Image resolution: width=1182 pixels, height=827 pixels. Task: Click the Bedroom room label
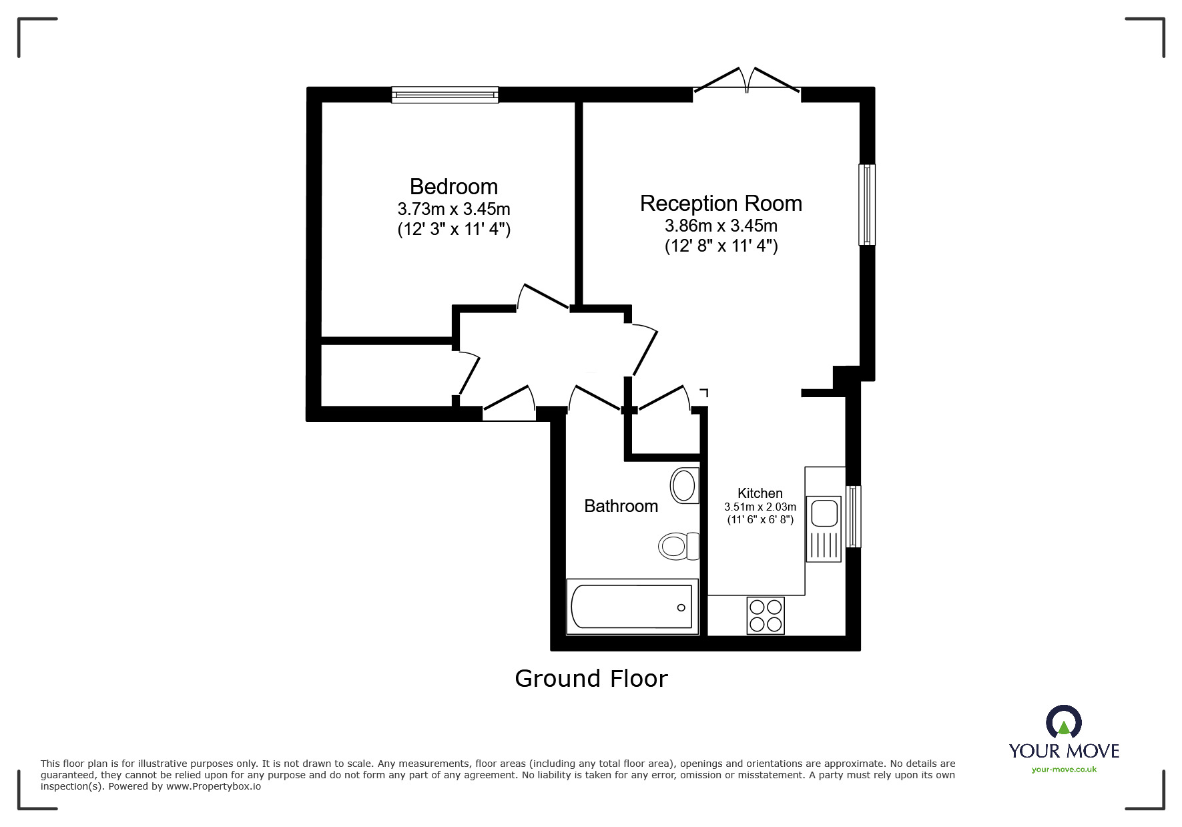(453, 186)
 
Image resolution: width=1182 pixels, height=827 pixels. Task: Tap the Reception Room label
(721, 204)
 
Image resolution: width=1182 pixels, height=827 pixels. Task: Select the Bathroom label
(621, 506)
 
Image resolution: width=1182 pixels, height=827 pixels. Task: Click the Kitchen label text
(760, 493)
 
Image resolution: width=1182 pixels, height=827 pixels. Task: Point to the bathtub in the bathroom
(631, 607)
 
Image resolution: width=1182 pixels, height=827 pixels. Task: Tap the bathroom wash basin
(684, 485)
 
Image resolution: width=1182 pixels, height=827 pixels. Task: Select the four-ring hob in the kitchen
(766, 615)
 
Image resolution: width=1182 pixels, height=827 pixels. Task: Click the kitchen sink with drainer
(824, 529)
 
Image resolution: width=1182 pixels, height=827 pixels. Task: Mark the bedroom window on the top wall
(445, 95)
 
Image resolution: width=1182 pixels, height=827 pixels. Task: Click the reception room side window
(866, 204)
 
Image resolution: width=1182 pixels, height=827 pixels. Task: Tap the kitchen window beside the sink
(853, 517)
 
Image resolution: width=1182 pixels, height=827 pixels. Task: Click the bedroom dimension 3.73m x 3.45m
(453, 209)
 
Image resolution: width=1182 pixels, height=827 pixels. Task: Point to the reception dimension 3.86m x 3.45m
(721, 226)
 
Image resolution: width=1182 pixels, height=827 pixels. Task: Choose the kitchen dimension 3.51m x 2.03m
(760, 507)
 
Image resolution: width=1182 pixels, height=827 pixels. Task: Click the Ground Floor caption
(591, 679)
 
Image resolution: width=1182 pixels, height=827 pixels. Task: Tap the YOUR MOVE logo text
(1064, 751)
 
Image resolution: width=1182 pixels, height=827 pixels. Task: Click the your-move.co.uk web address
(1064, 770)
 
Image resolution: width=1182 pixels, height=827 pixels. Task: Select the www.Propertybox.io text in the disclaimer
(213, 786)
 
